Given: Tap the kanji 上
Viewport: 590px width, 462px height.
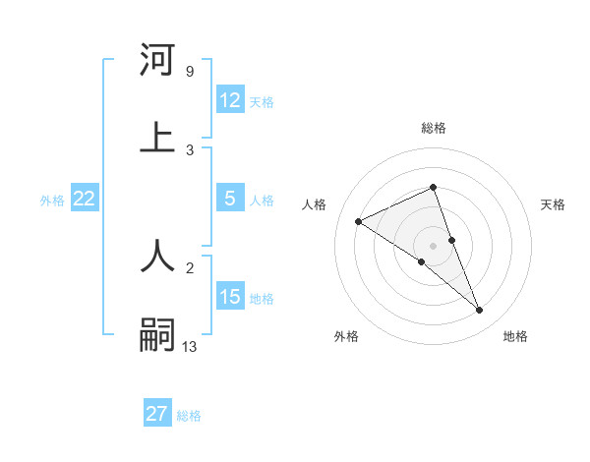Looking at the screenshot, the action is tap(157, 138).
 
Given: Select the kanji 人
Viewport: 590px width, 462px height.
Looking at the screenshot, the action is tap(157, 256).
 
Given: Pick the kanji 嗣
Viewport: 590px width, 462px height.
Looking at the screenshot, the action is tap(157, 334).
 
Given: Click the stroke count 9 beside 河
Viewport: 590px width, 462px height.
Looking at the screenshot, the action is tap(189, 71).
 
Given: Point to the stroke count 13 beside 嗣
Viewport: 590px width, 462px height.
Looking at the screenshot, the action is tap(190, 346).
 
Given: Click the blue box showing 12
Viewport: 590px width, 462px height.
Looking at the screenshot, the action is tap(230, 100).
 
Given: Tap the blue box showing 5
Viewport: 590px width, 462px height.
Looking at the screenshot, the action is tap(230, 199).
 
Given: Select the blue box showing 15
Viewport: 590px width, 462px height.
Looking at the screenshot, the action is tap(230, 297).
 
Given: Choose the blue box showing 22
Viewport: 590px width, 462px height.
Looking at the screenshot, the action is tap(85, 199).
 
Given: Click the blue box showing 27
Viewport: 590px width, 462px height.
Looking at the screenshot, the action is tap(157, 414).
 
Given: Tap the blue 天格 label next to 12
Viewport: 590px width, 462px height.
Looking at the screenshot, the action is tap(262, 101).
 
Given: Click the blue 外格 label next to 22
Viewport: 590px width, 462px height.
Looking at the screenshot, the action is tap(52, 200).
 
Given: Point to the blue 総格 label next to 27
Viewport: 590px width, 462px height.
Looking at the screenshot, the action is tap(189, 415).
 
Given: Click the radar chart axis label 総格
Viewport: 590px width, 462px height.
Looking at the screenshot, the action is tap(434, 128).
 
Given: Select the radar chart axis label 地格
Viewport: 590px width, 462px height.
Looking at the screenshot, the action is tap(515, 336).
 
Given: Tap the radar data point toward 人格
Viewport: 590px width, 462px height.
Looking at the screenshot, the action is tap(359, 221).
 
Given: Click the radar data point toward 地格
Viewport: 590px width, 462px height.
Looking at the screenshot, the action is tap(480, 311).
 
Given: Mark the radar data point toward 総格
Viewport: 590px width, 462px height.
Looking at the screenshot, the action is tap(434, 187).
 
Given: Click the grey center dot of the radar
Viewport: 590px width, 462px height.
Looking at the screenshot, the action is tap(434, 245).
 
